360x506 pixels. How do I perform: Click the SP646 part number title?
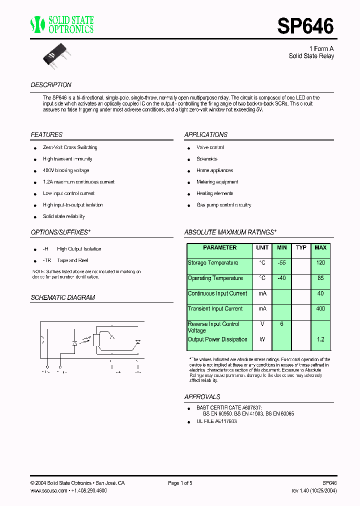coord(305,26)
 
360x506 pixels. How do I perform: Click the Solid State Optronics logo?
coord(62,24)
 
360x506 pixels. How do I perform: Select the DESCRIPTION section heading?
coord(51,85)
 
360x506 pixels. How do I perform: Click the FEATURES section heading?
coord(46,135)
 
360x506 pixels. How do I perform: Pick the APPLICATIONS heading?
coord(205,135)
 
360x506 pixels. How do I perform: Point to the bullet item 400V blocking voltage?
coord(66,170)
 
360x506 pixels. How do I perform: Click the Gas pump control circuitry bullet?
coord(223,205)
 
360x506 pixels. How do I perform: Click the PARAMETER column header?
coord(219,248)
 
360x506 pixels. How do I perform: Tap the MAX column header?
coord(320,248)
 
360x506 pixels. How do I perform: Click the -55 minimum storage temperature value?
coord(281,263)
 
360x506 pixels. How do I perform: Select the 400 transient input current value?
coord(320,309)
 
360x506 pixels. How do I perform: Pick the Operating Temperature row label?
coord(215,278)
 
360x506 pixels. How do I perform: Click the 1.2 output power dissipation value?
coord(320,339)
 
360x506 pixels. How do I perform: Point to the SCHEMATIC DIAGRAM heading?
coord(62,297)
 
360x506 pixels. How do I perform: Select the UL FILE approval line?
coord(216,421)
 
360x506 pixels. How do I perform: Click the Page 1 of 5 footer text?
coord(180,483)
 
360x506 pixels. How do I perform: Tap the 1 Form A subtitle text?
coord(321,48)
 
